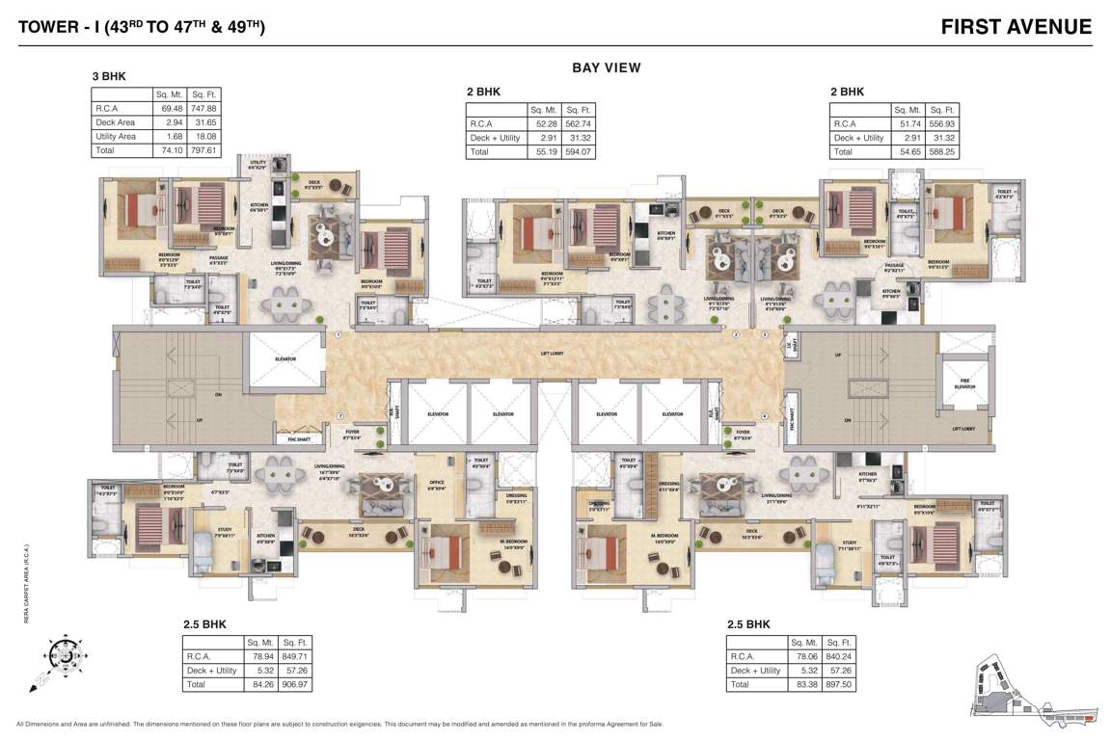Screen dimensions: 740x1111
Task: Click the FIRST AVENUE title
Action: click(x=1016, y=27)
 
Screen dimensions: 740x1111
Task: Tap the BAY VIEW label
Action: click(x=607, y=67)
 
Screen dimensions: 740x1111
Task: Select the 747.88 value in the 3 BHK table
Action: click(x=203, y=109)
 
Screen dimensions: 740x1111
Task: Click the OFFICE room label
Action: click(x=436, y=485)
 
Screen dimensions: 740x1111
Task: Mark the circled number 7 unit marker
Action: click(x=340, y=416)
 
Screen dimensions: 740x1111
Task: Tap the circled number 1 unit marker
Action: click(x=339, y=334)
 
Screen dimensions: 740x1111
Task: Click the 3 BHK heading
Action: click(x=109, y=75)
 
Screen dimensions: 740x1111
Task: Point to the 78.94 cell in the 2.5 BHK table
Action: click(x=259, y=656)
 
